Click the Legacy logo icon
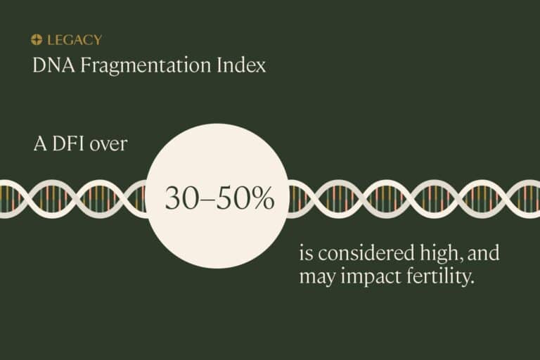[37, 40]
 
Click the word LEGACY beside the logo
[74, 40]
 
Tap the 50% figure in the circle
[243, 199]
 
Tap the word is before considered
[305, 254]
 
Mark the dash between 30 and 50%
[206, 200]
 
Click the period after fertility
[470, 282]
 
